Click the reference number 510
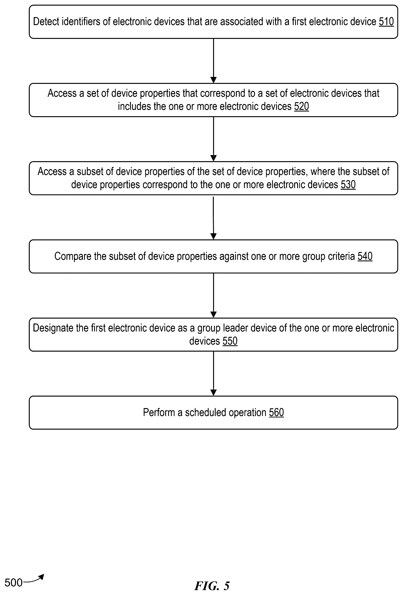pos(386,22)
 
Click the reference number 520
pos(301,106)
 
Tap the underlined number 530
pos(348,185)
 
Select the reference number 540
pos(365,256)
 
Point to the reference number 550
pos(230,341)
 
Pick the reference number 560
pos(276,413)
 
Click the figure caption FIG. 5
pos(212,586)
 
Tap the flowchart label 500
pos(14,583)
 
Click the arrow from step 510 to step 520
pos(213,61)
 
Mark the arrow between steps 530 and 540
pos(213,218)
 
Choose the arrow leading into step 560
pos(213,374)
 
